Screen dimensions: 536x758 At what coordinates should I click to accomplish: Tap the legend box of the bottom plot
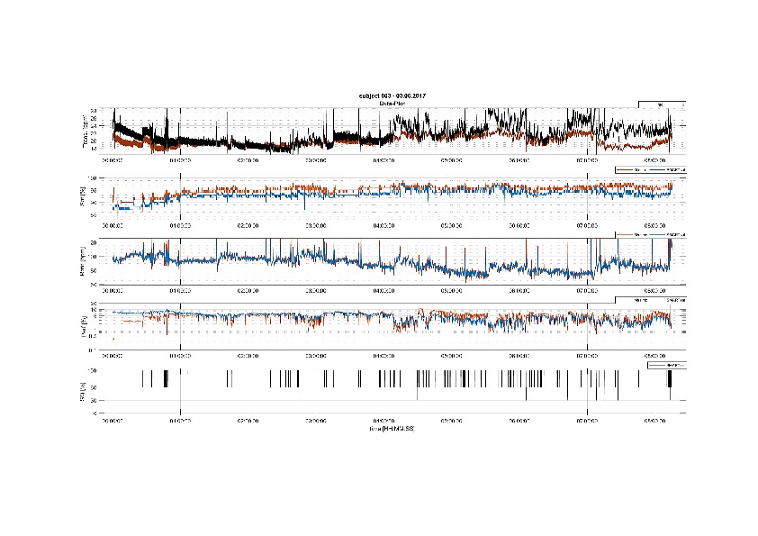point(666,365)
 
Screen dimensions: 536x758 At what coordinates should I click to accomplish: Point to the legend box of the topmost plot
point(663,105)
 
